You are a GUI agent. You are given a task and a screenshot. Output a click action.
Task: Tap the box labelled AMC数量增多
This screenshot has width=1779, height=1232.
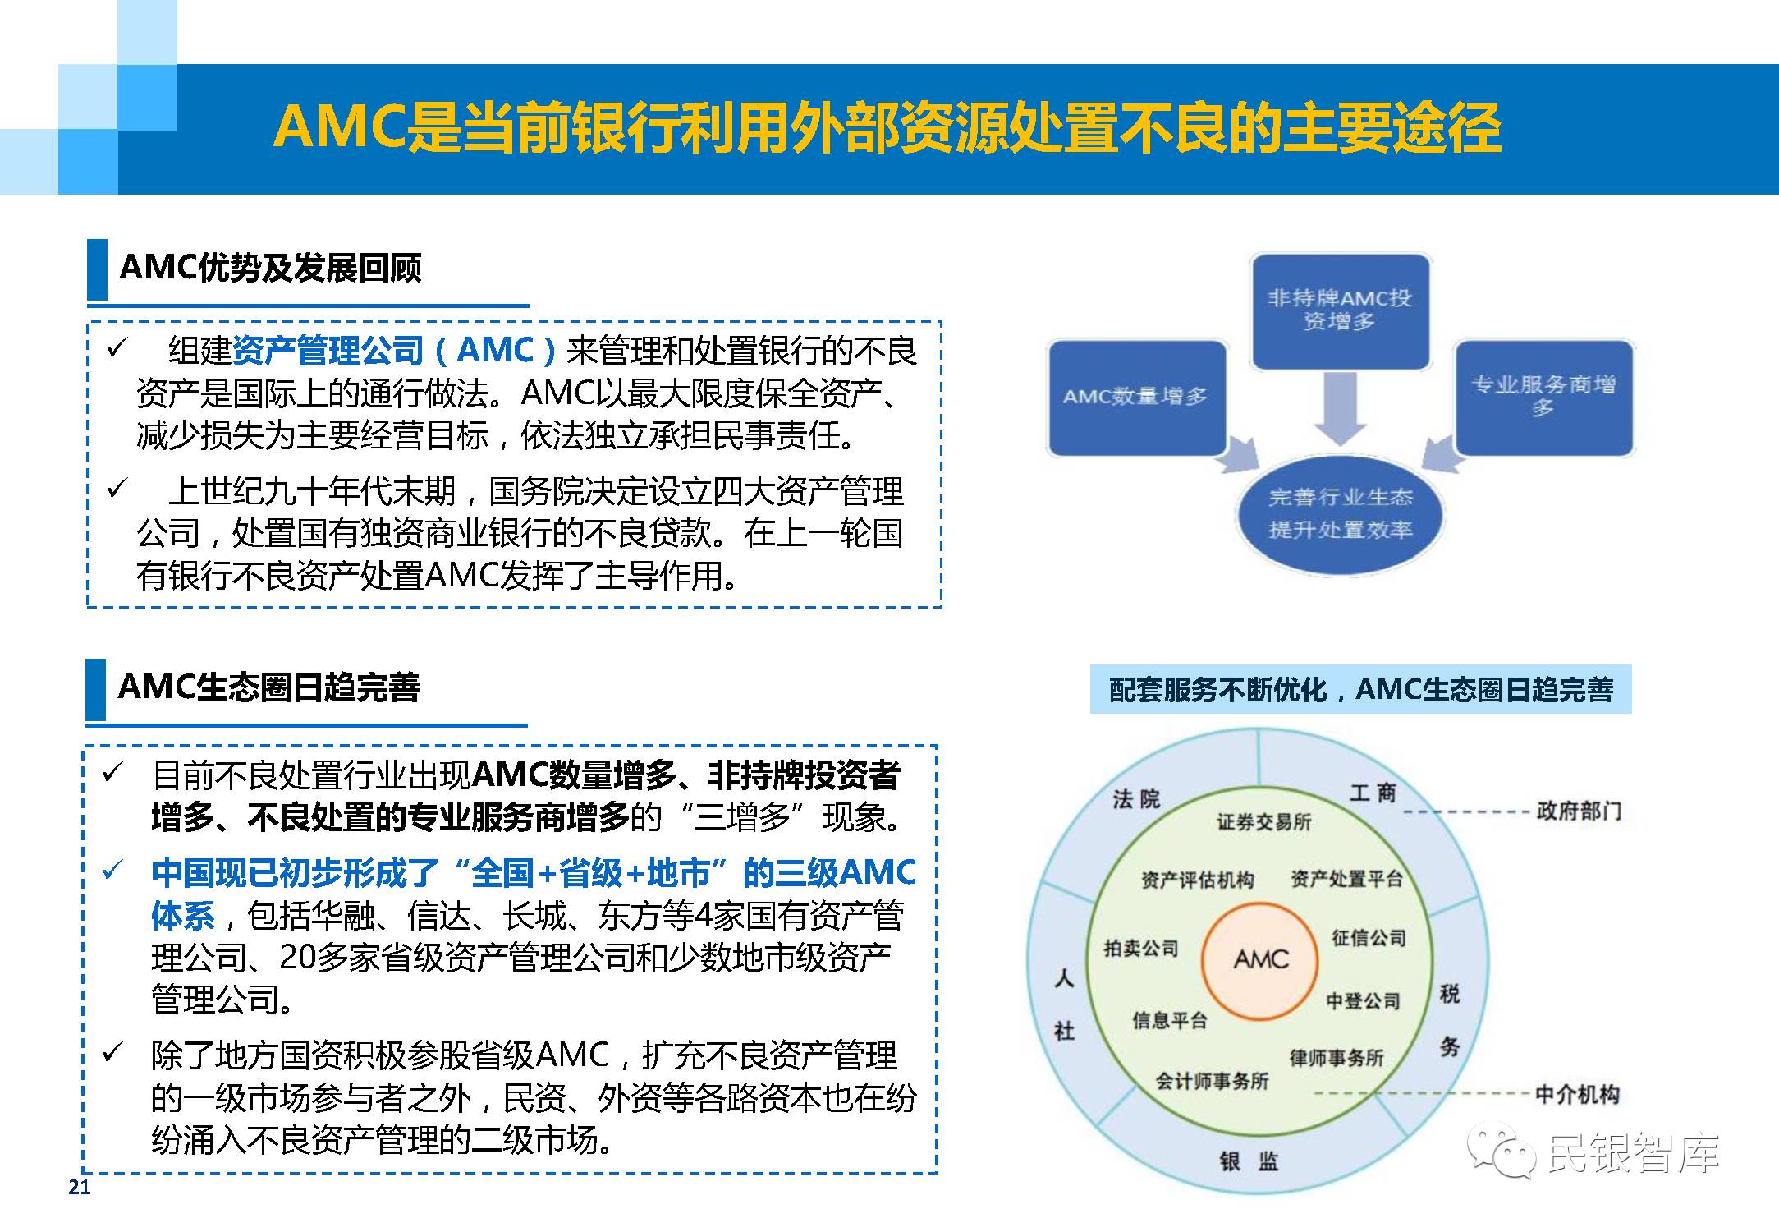pyautogui.click(x=1136, y=398)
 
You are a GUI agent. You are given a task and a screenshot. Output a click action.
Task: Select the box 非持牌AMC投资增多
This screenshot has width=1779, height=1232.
pyautogui.click(x=1340, y=310)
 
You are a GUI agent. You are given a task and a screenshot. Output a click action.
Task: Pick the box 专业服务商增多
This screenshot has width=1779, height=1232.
pyautogui.click(x=1543, y=397)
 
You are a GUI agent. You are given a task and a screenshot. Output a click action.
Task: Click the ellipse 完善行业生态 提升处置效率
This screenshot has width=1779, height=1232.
pyautogui.click(x=1340, y=514)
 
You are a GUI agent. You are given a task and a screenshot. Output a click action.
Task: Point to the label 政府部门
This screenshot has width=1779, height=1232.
pyautogui.click(x=1579, y=811)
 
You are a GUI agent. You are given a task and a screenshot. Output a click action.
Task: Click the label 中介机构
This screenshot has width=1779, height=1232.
pyautogui.click(x=1577, y=1094)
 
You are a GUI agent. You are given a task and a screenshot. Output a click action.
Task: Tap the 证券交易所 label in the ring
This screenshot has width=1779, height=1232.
pyautogui.click(x=1263, y=822)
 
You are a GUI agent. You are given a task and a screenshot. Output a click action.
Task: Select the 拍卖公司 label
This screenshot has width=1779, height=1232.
pyautogui.click(x=1141, y=949)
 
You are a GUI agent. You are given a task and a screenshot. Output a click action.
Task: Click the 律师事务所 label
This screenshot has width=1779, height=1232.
pyautogui.click(x=1337, y=1058)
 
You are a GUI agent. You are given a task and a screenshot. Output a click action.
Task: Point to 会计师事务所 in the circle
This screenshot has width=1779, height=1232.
pyautogui.click(x=1212, y=1082)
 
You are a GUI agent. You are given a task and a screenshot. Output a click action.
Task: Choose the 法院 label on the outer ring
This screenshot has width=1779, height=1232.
pyautogui.click(x=1136, y=798)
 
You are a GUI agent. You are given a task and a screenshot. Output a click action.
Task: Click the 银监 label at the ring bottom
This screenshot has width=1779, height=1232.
pyautogui.click(x=1249, y=1161)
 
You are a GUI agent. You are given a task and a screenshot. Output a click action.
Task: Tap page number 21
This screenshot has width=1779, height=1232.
pyautogui.click(x=80, y=1187)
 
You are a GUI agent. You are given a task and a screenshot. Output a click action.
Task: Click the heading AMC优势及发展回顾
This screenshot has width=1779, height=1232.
pyautogui.click(x=270, y=268)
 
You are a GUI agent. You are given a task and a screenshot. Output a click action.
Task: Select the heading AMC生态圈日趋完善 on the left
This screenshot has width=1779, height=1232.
pyautogui.click(x=268, y=687)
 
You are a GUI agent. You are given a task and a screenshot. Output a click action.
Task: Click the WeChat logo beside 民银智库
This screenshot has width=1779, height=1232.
pyautogui.click(x=1501, y=1153)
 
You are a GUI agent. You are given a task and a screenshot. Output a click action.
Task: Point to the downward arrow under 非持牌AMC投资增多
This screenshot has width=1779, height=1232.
pyautogui.click(x=1340, y=409)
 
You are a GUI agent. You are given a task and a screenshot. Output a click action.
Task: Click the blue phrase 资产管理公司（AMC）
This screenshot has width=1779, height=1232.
pyautogui.click(x=395, y=351)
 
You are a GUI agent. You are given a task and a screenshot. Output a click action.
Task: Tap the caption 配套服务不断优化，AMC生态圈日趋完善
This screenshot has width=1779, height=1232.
pyautogui.click(x=1360, y=690)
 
